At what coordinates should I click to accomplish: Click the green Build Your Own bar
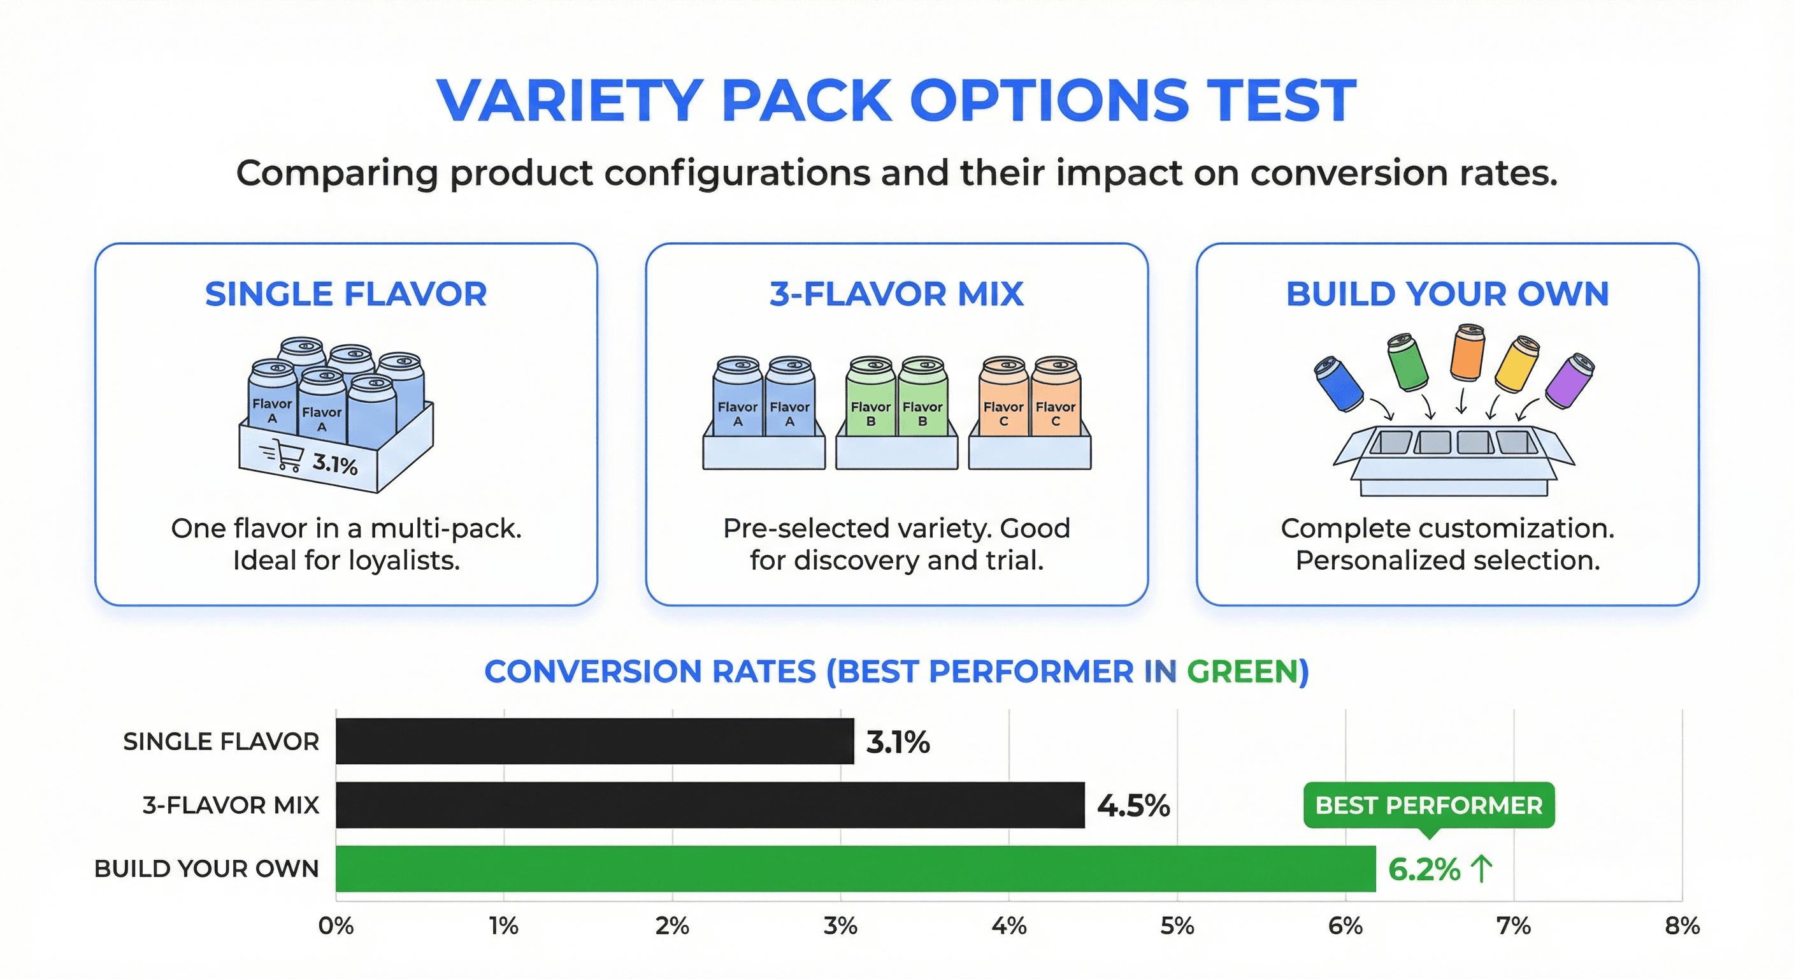855,868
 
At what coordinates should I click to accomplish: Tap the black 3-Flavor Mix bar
710,805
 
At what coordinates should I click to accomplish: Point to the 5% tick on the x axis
1177,926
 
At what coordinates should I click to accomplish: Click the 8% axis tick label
1682,926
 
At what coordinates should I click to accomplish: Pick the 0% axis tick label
336,926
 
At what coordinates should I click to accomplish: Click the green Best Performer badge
1428,806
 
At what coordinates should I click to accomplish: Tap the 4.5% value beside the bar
1133,806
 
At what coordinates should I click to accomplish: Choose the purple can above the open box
1570,381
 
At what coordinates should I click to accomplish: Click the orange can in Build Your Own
1467,352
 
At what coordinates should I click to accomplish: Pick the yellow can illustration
1517,365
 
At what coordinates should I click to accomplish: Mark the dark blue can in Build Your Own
1338,384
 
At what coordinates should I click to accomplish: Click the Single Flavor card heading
346,294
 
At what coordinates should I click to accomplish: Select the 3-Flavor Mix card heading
896,294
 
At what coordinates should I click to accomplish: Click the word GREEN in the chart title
1242,672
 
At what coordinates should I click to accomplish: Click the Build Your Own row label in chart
207,869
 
